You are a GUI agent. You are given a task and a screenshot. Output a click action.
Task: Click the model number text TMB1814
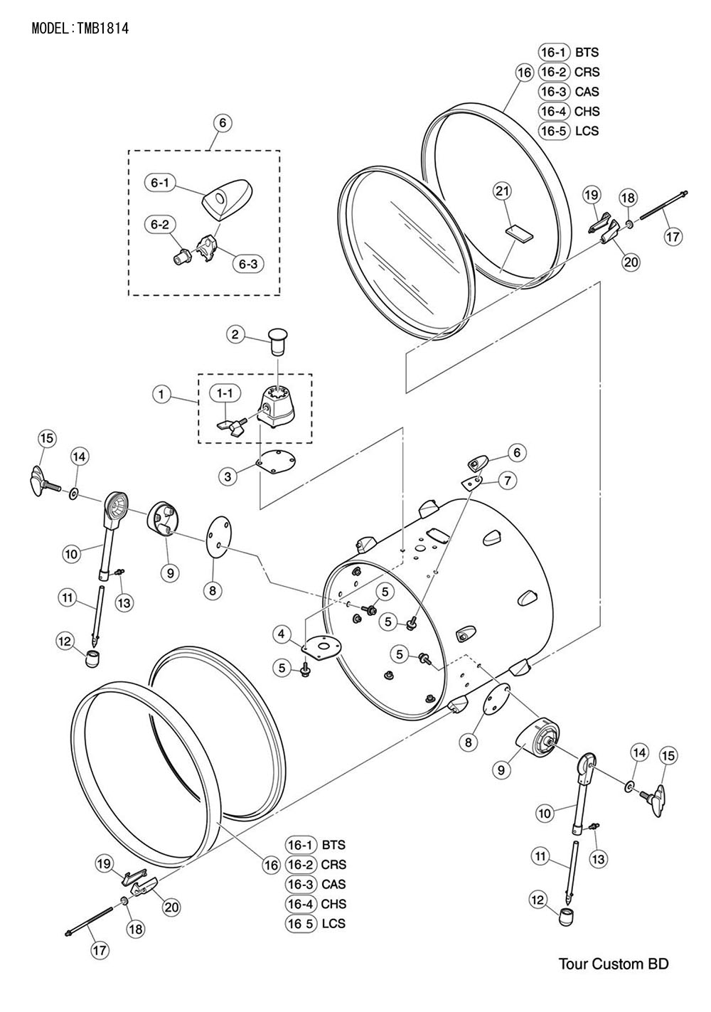pos(103,28)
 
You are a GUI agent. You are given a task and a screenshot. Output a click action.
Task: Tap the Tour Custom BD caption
pos(614,963)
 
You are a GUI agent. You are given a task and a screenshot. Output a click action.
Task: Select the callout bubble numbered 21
pos(502,191)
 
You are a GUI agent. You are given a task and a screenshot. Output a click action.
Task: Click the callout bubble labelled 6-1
pos(159,183)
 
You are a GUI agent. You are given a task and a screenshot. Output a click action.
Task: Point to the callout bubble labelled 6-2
pos(159,225)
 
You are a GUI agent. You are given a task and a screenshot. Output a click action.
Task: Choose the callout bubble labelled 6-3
pos(248,265)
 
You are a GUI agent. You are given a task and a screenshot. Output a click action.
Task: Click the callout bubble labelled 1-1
pos(225,394)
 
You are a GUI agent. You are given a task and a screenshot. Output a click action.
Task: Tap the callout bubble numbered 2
pos(235,335)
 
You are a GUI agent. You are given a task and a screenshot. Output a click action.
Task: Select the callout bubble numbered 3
pos(228,476)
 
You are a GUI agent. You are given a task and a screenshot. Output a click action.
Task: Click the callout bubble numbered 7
pos(508,481)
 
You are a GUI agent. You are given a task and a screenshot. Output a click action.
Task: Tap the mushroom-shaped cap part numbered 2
pos(277,343)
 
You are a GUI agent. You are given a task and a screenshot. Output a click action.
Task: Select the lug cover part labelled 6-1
pos(228,199)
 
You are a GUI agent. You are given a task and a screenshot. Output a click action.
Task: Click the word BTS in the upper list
pos(587,53)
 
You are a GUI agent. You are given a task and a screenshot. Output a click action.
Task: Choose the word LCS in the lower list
pos(333,923)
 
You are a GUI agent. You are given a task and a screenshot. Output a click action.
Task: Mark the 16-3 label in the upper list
pos(554,92)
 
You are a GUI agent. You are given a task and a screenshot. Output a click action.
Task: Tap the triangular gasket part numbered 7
pos(471,483)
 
